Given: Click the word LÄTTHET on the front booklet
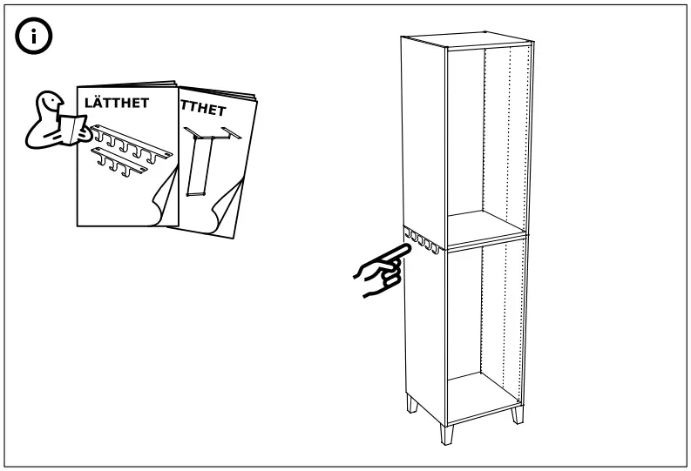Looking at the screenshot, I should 116,103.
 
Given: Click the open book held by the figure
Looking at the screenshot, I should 69,129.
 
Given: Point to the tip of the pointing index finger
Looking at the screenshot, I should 406,249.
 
